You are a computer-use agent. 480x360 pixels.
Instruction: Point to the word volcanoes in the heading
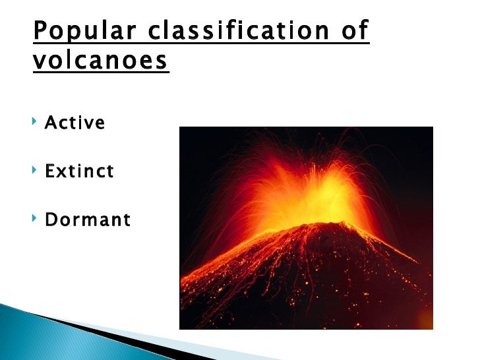(x=100, y=61)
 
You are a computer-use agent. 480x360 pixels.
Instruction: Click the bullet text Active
(x=75, y=123)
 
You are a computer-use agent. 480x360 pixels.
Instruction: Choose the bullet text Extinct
(x=79, y=171)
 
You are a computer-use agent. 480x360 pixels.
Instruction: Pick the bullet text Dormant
(x=88, y=220)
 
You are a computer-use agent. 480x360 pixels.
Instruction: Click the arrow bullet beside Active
(x=34, y=123)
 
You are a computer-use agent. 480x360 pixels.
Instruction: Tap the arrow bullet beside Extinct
(x=34, y=171)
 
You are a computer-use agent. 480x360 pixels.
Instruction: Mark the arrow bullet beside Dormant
(x=34, y=220)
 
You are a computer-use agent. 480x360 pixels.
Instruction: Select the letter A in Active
(x=50, y=123)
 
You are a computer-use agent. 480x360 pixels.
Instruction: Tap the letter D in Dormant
(x=51, y=220)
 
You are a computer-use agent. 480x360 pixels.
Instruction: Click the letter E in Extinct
(x=49, y=171)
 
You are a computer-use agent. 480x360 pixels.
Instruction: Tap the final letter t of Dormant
(x=127, y=220)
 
